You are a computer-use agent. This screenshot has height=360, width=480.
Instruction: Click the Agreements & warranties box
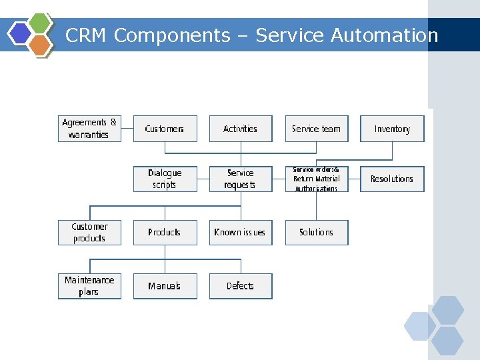click(x=89, y=129)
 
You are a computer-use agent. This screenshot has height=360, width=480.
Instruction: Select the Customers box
click(x=165, y=129)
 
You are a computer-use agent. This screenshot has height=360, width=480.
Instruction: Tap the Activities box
click(x=241, y=129)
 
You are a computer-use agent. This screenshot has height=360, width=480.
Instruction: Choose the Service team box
click(x=317, y=129)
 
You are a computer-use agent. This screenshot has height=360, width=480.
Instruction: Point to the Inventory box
click(x=392, y=129)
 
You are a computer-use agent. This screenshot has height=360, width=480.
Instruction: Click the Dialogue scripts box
click(x=165, y=179)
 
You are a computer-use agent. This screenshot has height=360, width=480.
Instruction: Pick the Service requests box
click(x=241, y=179)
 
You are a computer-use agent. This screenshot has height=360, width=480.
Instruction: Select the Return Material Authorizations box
click(x=317, y=179)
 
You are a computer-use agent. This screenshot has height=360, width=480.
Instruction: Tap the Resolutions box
click(x=392, y=179)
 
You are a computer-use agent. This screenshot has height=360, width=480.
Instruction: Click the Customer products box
click(x=89, y=232)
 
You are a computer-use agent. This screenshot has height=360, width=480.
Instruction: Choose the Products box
click(x=165, y=232)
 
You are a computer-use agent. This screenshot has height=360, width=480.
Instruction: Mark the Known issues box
click(x=241, y=232)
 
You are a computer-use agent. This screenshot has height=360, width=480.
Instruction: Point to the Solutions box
click(x=317, y=232)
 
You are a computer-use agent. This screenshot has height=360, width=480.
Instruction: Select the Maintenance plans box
click(x=89, y=286)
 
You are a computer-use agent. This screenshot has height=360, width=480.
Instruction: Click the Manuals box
click(x=165, y=286)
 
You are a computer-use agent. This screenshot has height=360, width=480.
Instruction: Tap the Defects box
click(x=241, y=286)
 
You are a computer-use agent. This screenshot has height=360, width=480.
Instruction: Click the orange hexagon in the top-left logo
click(x=40, y=45)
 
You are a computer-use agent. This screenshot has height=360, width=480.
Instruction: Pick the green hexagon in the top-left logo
click(x=41, y=23)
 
